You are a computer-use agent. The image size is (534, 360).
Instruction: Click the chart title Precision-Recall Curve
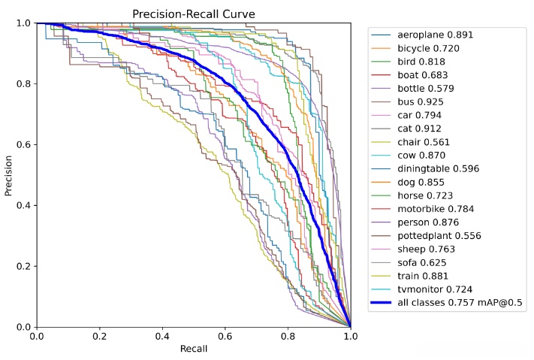tap(193, 14)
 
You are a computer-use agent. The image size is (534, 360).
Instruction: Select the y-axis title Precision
tap(9, 175)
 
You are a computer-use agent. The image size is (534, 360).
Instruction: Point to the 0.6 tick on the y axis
tap(24, 144)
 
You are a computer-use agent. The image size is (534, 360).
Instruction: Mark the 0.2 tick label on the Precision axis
tap(24, 266)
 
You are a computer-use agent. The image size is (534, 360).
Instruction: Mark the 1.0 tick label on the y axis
tap(24, 23)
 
